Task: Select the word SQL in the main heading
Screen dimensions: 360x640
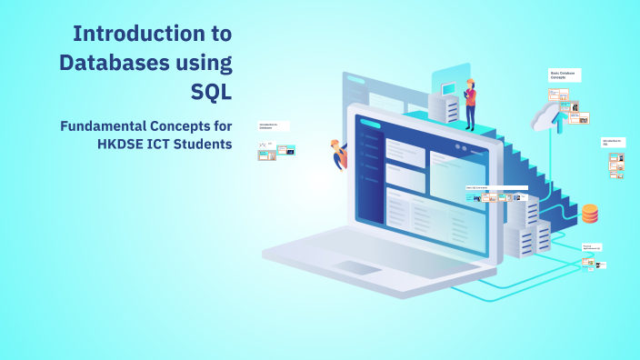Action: (211, 91)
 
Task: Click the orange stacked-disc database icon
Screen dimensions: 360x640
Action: (590, 214)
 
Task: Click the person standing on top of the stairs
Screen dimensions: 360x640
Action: (470, 104)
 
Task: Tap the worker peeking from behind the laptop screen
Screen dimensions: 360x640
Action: (338, 154)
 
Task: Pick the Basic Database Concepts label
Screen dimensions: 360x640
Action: (564, 75)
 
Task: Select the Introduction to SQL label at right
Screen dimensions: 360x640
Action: (613, 143)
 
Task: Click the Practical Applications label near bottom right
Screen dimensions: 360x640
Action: (593, 246)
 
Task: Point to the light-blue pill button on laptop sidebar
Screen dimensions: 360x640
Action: (370, 124)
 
